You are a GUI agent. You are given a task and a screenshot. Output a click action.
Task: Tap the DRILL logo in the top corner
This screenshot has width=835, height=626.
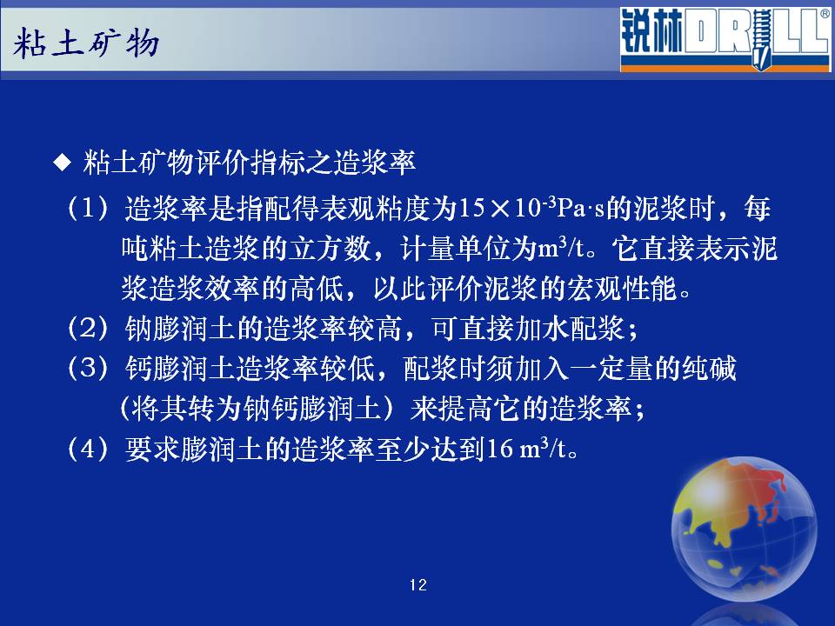tap(725, 39)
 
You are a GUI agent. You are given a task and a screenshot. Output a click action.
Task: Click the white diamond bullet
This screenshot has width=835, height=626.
tap(63, 163)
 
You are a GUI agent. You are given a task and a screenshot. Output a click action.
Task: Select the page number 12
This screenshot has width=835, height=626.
tap(418, 585)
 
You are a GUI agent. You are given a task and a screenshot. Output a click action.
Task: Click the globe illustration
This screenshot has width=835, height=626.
tap(744, 529)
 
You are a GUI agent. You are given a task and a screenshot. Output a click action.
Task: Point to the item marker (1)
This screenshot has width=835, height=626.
tap(89, 208)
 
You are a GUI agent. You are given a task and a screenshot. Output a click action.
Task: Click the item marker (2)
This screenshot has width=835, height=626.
tap(89, 328)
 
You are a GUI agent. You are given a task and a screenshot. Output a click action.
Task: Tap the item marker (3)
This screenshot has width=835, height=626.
tap(89, 369)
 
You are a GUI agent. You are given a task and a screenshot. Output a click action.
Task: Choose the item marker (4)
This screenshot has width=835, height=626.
tap(89, 449)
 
